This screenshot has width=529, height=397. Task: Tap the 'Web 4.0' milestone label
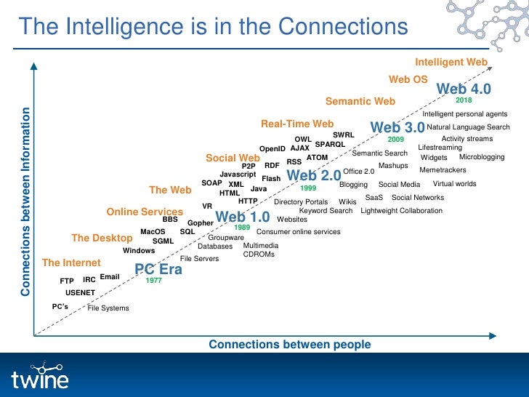tap(464, 89)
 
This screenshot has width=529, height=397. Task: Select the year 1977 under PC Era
tap(153, 280)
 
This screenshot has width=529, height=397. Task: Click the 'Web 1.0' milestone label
tap(243, 217)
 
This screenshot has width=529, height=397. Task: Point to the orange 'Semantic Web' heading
tap(360, 101)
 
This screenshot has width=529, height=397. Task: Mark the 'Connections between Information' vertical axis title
tap(25, 201)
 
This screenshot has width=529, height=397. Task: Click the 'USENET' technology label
tap(80, 292)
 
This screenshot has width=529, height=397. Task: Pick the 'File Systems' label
tap(108, 308)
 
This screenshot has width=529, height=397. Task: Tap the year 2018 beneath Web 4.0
tap(464, 100)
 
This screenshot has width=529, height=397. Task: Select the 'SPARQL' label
tap(330, 144)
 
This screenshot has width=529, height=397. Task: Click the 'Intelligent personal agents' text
tap(465, 114)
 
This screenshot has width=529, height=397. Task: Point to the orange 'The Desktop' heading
tap(102, 238)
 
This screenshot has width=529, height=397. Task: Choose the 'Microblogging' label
tap(482, 157)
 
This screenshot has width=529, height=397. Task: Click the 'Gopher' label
tap(200, 223)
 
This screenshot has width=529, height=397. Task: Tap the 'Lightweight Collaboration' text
tap(401, 211)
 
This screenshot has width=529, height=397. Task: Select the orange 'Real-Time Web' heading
tap(297, 124)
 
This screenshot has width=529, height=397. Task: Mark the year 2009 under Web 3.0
tap(395, 138)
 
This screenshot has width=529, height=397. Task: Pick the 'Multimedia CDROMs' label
tap(260, 250)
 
